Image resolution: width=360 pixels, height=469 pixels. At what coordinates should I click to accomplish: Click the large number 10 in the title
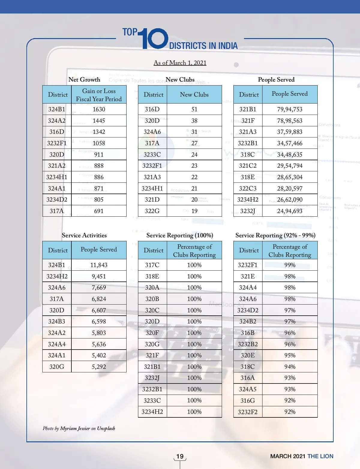coord(154,38)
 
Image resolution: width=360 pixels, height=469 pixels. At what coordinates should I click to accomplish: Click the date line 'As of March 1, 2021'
coord(180,63)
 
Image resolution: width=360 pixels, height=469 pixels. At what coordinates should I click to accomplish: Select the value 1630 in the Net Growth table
coord(99,109)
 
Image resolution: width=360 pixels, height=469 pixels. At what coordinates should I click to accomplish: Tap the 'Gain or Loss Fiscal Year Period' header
coord(99,95)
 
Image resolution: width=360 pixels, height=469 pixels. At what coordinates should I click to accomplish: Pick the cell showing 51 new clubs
coord(194,109)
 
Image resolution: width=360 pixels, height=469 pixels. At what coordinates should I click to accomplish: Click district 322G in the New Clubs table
coord(152,211)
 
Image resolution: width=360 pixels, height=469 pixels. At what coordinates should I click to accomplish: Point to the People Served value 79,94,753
coord(289,109)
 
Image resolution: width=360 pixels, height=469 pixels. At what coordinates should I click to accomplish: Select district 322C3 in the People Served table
coord(248,188)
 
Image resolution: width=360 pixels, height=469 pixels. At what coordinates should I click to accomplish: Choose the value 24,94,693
coord(289,211)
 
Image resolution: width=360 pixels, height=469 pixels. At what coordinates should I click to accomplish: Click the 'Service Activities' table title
coord(84,235)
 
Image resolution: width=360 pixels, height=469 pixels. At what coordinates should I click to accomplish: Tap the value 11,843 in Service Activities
coord(99,265)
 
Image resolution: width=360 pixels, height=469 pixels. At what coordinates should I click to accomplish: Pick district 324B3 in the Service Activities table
coord(57,321)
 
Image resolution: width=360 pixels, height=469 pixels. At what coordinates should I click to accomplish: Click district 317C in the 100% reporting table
coord(152,265)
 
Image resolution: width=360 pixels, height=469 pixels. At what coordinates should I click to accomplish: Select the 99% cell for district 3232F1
coord(290,265)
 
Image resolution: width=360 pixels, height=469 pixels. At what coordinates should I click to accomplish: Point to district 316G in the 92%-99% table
coord(248,400)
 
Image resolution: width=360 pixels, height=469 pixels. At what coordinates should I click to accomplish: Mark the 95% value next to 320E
coord(290,355)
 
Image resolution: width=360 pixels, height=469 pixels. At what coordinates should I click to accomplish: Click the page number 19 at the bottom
coord(180,456)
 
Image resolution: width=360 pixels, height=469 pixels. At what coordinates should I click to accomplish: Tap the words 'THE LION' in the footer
coord(320,456)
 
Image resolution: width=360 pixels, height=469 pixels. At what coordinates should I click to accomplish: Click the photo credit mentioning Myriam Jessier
coord(79,428)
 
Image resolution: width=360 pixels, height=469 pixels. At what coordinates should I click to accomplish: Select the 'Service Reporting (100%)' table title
coord(180,235)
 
